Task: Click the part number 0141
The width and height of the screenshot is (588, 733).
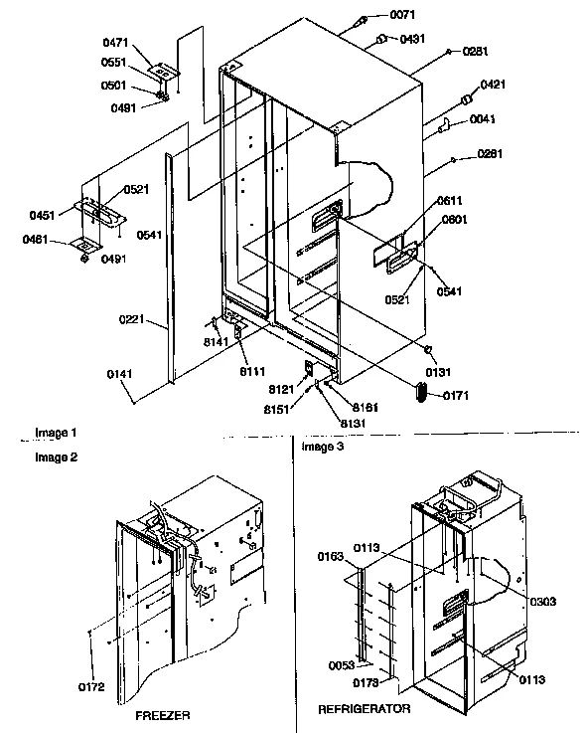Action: point(118,375)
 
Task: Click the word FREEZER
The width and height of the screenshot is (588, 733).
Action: point(164,715)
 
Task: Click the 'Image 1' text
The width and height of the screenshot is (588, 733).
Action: point(56,433)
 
